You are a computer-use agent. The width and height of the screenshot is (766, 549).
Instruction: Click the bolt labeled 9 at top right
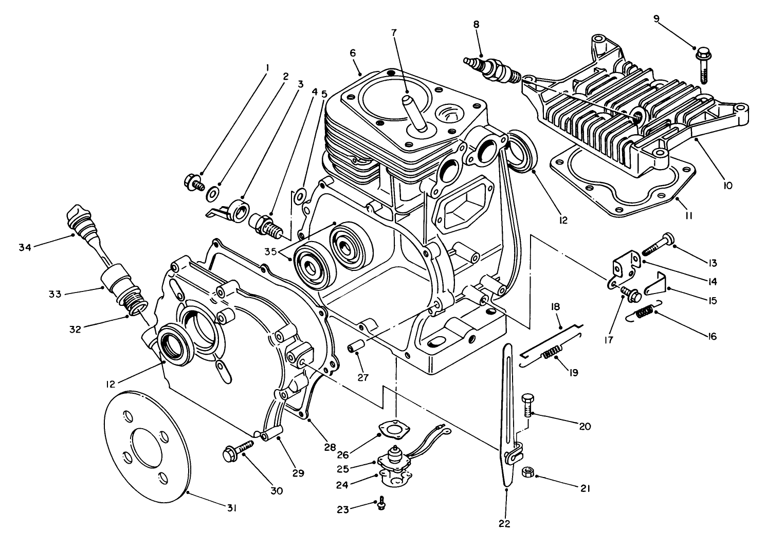click(703, 63)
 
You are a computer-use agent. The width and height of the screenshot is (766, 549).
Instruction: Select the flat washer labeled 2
click(212, 195)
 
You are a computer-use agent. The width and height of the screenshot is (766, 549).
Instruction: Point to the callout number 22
click(504, 524)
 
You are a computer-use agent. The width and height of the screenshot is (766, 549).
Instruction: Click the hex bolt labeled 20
click(527, 406)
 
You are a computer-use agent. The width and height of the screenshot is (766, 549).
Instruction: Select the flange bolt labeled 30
click(237, 450)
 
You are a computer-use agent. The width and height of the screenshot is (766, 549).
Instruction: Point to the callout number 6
click(352, 53)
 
